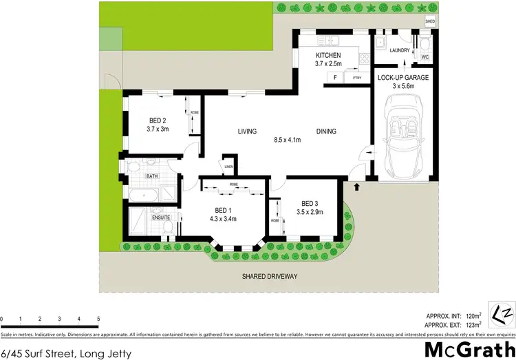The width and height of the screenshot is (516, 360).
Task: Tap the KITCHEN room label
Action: pos(328,55)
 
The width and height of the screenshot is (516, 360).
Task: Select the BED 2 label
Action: pos(158,119)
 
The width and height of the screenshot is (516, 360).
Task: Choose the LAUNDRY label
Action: pos(400,50)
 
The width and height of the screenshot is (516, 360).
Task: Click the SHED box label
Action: pos(431,22)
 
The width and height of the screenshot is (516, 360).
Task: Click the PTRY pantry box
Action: pos(356,78)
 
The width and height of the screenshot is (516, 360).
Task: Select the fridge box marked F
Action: pos(335,78)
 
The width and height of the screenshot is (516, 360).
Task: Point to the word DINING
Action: pos(327,131)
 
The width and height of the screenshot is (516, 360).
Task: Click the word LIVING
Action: pos(247,131)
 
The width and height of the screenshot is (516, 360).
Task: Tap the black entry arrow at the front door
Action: pos(357,185)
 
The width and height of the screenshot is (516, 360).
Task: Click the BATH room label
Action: pos(151,177)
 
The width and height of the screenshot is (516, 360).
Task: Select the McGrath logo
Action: pos(469,348)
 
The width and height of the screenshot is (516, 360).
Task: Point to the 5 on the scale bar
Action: pos(98,319)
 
